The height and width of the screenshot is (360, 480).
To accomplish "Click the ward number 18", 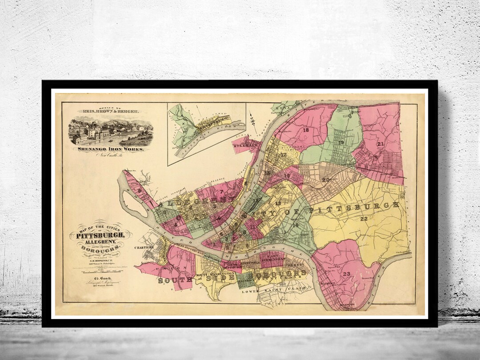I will (x=306, y=130).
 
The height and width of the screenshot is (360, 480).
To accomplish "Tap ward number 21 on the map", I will (x=380, y=144).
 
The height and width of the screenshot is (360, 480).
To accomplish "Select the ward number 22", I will (x=364, y=218).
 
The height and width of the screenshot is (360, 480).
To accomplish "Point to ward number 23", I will (x=347, y=273).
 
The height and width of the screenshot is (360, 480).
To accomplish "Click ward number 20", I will (x=326, y=180).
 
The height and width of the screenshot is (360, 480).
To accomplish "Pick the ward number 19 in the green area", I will (x=341, y=142).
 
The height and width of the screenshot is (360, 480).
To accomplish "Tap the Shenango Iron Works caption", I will (x=110, y=149).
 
